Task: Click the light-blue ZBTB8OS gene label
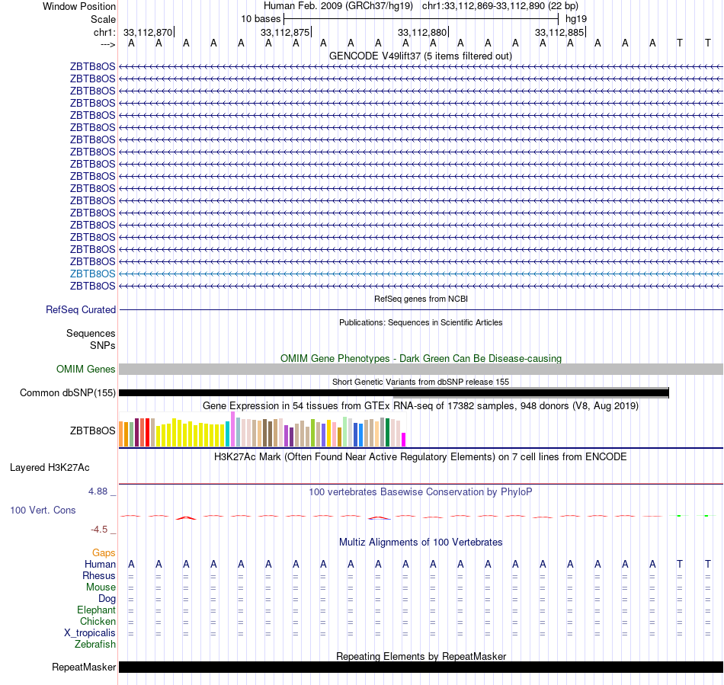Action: (x=93, y=274)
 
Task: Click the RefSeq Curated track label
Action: (x=81, y=310)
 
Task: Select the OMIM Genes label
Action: (x=86, y=370)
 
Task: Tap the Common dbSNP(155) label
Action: (x=69, y=393)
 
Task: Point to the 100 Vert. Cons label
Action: (x=43, y=510)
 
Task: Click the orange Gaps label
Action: (x=104, y=552)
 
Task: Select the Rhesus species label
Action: (x=99, y=576)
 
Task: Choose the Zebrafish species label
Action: (x=95, y=645)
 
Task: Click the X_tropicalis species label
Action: (x=90, y=633)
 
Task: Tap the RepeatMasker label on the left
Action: (x=84, y=667)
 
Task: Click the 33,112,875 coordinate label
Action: (x=285, y=32)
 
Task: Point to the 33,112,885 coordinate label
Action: (x=559, y=32)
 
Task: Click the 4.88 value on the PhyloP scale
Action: (x=101, y=491)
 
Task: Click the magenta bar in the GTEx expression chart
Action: (x=404, y=439)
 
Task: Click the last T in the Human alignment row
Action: (x=708, y=564)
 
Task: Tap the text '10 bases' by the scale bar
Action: (x=261, y=18)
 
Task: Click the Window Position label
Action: (x=79, y=6)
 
